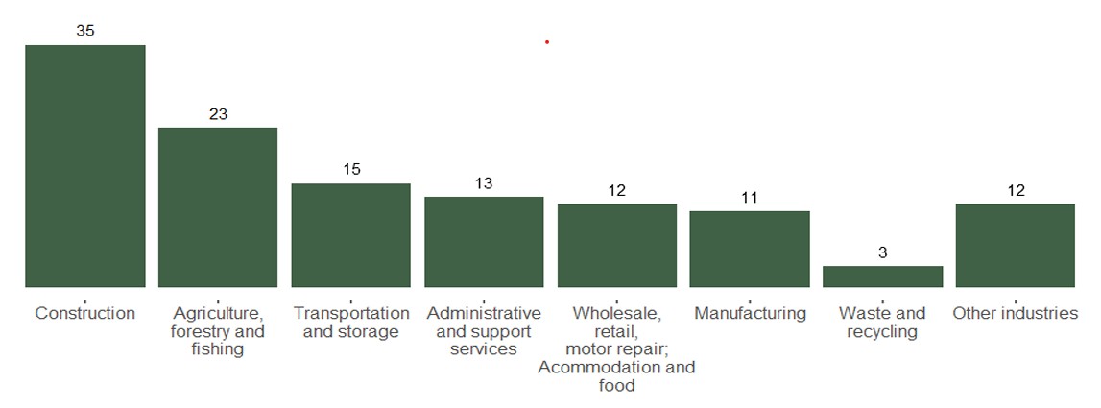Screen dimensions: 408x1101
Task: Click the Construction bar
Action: (84, 165)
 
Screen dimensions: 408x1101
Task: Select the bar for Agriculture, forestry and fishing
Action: (218, 206)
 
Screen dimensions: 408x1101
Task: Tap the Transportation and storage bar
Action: (350, 234)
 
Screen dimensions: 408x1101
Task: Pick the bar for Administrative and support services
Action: (484, 241)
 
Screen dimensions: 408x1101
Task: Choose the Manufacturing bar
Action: (750, 249)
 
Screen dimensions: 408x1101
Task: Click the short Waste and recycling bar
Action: (882, 276)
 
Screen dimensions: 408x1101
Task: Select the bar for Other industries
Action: (1015, 245)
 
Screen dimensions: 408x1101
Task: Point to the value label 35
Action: (85, 31)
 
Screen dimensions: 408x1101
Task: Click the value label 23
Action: (218, 114)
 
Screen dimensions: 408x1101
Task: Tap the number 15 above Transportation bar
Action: (351, 170)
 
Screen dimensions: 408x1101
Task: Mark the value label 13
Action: (484, 183)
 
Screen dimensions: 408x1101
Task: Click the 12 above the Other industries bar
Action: (1016, 190)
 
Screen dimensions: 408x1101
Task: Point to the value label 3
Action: (883, 252)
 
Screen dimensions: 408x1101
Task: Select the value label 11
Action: (750, 198)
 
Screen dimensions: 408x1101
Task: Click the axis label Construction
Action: (84, 314)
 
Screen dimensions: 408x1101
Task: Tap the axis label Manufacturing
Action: (750, 314)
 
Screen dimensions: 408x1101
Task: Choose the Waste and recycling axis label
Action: (882, 323)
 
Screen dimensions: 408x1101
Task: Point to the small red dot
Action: (547, 42)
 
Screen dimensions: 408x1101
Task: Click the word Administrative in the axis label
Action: (484, 314)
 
